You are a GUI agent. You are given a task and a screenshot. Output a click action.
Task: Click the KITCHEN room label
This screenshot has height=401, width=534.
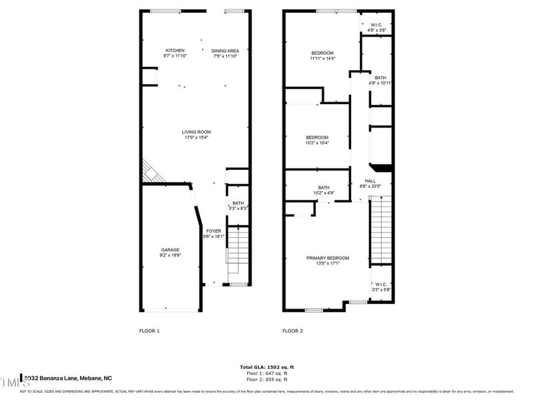pyautogui.click(x=175, y=51)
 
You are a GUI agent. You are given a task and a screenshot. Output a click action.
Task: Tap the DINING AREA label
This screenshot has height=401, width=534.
pyautogui.click(x=225, y=51)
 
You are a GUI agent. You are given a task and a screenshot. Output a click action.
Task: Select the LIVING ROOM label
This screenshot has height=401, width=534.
pyautogui.click(x=196, y=132)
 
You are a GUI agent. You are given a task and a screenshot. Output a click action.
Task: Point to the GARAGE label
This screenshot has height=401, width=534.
pyautogui.click(x=170, y=250)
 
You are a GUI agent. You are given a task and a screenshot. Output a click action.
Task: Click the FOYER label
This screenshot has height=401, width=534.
pyautogui.click(x=213, y=231)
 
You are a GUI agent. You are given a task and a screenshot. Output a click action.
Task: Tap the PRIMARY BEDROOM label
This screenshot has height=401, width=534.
pyautogui.click(x=327, y=258)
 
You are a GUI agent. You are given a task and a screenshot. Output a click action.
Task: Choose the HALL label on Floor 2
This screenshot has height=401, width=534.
pyautogui.click(x=370, y=180)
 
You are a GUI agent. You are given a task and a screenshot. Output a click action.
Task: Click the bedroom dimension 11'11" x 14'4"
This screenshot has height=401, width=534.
pyautogui.click(x=322, y=59)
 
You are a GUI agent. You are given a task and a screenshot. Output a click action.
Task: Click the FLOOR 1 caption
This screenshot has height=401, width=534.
pyautogui.click(x=149, y=331)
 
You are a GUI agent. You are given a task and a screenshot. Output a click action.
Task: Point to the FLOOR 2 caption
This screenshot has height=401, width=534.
pyautogui.click(x=292, y=331)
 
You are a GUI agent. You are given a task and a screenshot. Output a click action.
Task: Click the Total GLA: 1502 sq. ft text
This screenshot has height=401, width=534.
pyautogui.click(x=266, y=367)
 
